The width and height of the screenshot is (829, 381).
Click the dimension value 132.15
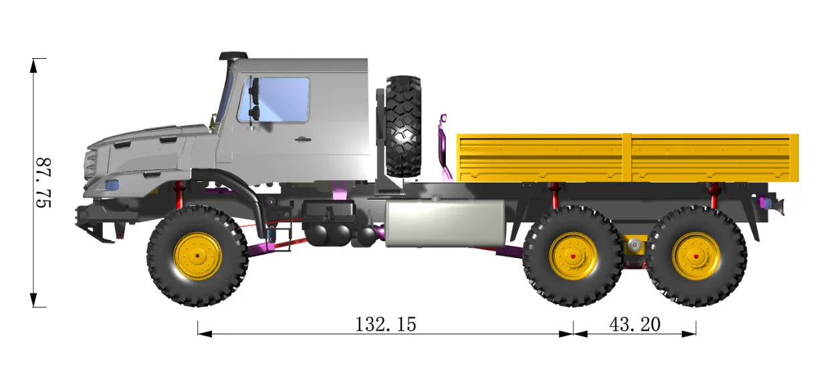[386, 324]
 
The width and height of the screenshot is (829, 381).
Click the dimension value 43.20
[634, 324]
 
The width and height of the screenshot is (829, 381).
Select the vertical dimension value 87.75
[43, 182]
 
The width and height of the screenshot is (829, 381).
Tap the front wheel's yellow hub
[198, 256]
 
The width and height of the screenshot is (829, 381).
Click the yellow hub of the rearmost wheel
[696, 256]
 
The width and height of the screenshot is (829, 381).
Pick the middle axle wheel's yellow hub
[573, 256]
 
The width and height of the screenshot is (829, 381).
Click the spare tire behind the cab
[403, 126]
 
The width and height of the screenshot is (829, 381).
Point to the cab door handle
[303, 140]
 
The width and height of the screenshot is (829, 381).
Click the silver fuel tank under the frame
[445, 223]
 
